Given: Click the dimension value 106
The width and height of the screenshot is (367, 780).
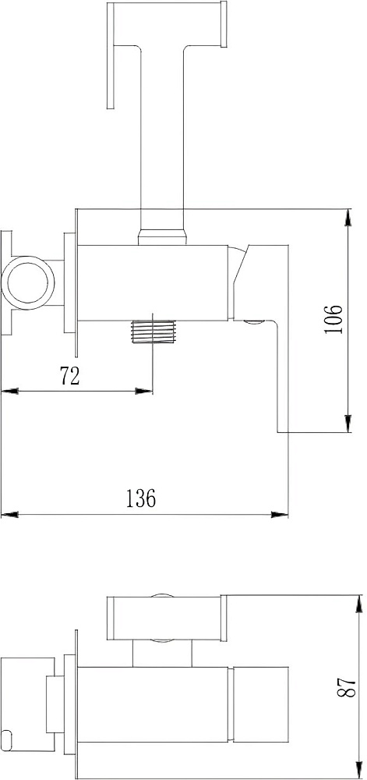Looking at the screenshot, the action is (x=333, y=319).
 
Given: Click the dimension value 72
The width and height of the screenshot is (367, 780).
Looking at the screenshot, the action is (x=69, y=376).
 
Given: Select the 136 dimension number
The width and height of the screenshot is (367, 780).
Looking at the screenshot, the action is (x=140, y=498).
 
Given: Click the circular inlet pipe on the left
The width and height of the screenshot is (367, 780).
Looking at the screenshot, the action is (x=28, y=282).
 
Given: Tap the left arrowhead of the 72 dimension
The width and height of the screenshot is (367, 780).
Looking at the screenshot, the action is (x=9, y=392).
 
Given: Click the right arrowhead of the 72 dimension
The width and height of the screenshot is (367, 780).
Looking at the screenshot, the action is (x=144, y=392).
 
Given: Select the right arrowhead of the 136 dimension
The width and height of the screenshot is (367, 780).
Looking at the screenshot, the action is (x=280, y=514).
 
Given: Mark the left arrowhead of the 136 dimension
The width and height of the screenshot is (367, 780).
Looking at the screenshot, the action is (x=9, y=514).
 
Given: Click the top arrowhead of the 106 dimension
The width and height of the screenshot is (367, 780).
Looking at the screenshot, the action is (x=348, y=218).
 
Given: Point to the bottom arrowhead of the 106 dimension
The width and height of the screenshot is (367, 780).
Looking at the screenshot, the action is (x=348, y=424).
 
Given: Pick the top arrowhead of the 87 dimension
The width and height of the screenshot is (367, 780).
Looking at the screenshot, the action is (x=359, y=604).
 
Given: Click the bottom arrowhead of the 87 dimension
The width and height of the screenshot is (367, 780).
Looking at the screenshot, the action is (x=359, y=771).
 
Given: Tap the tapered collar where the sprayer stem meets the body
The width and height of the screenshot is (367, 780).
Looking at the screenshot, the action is (x=163, y=237).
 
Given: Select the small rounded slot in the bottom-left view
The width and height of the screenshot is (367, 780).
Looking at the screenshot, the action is (x=9, y=736).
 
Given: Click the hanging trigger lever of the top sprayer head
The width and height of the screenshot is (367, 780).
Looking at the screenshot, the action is (x=111, y=55).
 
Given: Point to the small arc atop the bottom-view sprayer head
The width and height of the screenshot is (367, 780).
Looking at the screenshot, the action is (x=162, y=595).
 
